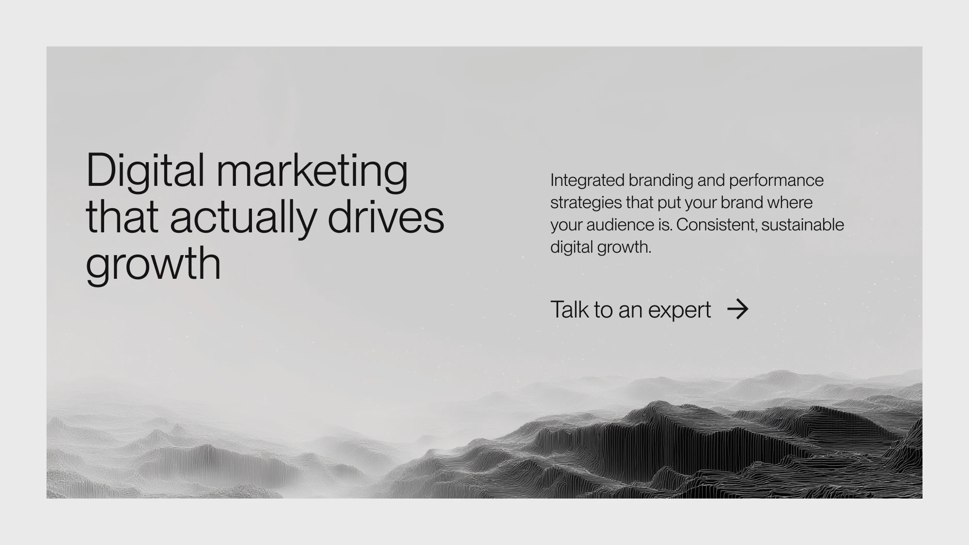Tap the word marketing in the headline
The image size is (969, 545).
point(312,171)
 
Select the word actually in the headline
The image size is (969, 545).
point(243,218)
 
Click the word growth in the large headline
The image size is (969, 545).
point(153,264)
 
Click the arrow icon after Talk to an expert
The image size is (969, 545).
point(738,309)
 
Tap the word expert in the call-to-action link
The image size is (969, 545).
point(679,310)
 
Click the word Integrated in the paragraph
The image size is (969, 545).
point(587,181)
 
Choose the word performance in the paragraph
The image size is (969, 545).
point(776,181)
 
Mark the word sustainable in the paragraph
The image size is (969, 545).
point(803,225)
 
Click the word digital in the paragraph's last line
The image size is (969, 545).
point(572,247)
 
